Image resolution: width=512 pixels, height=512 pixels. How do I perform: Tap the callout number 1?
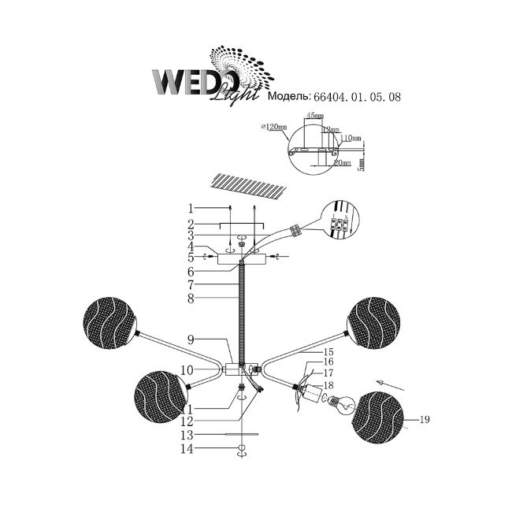(x=191, y=209)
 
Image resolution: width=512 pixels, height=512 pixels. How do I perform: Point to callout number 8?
(x=191, y=299)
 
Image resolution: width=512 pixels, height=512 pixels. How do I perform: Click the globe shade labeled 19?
(x=380, y=417)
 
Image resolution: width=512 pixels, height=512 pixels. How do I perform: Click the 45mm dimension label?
(x=314, y=116)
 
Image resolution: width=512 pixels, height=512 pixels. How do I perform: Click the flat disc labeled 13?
(x=242, y=434)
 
